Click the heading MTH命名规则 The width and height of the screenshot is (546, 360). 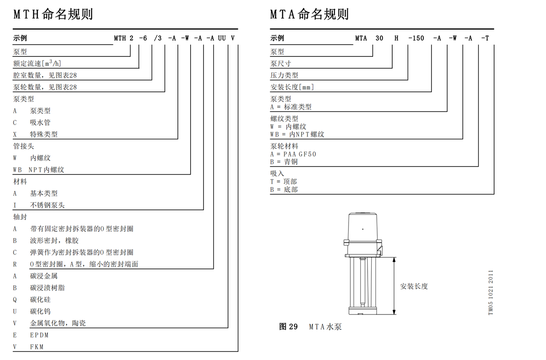(53, 14)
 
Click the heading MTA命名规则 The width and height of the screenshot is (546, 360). (309, 14)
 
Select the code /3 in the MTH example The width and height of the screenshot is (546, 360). (158, 38)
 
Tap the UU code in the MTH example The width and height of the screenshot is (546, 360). (222, 38)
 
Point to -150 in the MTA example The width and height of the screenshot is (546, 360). (416, 38)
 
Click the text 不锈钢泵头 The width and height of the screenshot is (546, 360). (47, 205)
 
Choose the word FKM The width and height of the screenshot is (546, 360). (37, 347)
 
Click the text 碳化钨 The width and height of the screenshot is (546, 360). (40, 311)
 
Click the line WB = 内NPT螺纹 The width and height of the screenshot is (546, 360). (297, 134)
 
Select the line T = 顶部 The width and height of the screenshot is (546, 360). (284, 182)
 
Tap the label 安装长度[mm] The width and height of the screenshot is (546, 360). (292, 87)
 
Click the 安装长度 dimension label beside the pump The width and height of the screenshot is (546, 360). (414, 286)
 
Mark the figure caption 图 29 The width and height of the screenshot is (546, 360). (288, 327)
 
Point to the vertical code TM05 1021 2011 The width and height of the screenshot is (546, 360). (490, 292)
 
